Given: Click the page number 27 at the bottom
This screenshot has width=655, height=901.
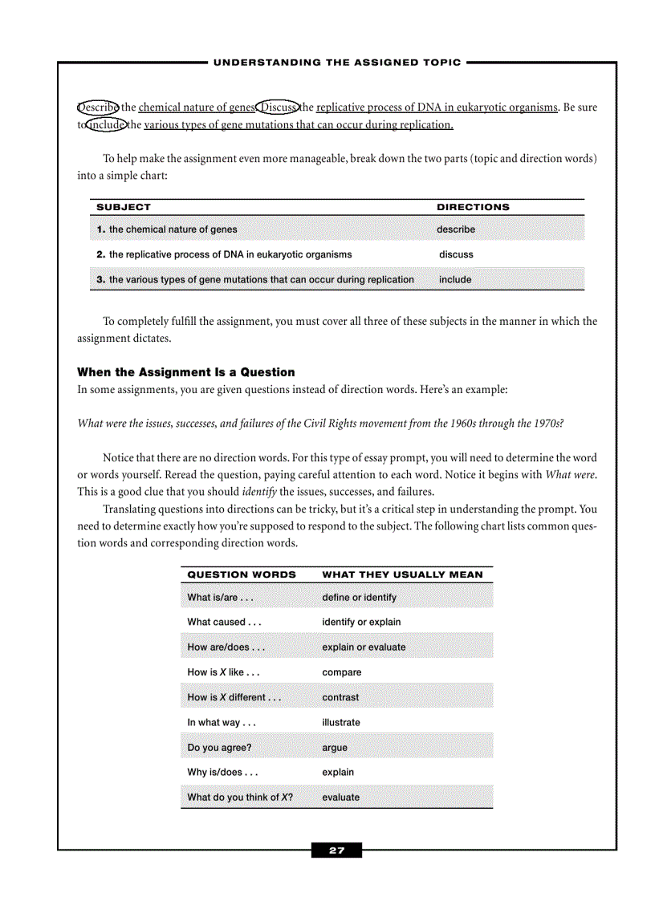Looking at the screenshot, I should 336,850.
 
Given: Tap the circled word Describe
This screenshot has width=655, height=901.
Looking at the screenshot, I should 98,108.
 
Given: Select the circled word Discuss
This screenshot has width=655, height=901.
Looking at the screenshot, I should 277,108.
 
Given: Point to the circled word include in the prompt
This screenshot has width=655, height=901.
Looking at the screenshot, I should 106,124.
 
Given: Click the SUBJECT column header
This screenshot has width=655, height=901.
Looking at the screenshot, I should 124,207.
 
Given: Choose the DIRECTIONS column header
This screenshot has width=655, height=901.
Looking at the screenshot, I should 473,207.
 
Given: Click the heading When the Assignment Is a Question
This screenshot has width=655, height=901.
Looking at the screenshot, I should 185,372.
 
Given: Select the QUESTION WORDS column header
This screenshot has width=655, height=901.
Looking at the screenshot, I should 242,574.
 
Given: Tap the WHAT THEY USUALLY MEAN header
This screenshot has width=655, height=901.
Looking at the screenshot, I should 402,574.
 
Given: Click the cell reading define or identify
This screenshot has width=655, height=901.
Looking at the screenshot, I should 359,598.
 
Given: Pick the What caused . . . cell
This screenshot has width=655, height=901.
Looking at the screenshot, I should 224,622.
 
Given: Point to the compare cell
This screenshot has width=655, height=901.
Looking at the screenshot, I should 342,672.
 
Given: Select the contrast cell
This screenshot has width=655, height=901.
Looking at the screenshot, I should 340,697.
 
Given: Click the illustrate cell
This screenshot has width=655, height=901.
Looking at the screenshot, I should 341,722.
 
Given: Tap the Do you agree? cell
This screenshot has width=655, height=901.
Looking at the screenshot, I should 219,748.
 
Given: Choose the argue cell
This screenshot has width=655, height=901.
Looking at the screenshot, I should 335,748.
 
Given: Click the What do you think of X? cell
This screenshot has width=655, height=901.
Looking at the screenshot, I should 239,798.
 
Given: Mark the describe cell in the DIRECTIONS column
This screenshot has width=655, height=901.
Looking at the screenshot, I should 455,229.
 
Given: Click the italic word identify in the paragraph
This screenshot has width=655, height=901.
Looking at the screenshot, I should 259,492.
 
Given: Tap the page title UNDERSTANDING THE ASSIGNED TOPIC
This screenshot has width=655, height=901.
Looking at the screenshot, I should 337,63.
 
